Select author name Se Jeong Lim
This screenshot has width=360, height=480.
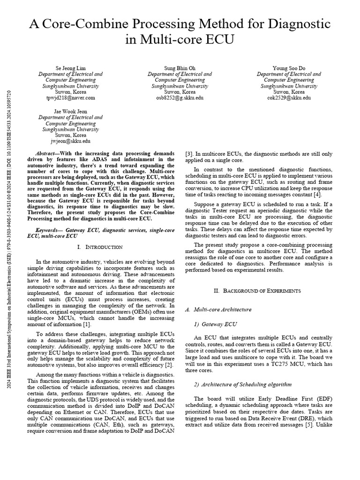(70, 68)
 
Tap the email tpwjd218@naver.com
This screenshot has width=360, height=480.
(70, 98)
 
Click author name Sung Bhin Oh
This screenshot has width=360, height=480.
(180, 68)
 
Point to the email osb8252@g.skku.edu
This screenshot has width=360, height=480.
(180, 98)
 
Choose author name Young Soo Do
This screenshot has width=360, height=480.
(289, 68)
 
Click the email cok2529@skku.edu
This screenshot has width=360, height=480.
(289, 98)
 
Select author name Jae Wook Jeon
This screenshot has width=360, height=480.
(70, 111)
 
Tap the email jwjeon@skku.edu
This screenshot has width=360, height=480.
(70, 141)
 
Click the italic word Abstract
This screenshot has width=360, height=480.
(45, 153)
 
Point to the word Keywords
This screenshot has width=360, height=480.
(49, 230)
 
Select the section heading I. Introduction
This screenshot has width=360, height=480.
(99, 247)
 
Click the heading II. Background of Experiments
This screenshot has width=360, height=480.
(257, 291)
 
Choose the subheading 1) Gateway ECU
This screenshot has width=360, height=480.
(215, 324)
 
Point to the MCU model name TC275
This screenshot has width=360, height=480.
(285, 363)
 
